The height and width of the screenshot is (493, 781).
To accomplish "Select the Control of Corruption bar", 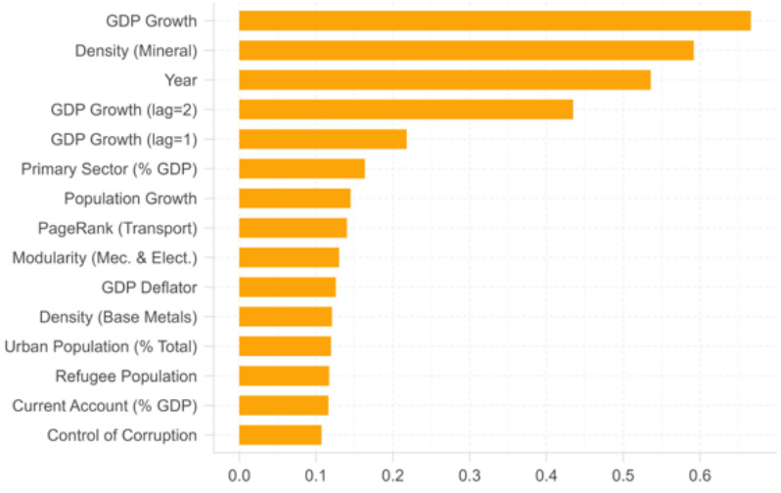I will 280,435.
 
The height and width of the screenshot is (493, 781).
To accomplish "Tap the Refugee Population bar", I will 284,376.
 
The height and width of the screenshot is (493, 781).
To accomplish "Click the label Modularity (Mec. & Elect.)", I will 105,257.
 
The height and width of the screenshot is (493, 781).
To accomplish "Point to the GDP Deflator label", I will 149,288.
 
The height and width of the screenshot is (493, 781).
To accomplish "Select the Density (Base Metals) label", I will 117,317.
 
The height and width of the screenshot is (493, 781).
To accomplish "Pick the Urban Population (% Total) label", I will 101,346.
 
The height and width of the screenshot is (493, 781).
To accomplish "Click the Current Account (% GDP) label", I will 105,406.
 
